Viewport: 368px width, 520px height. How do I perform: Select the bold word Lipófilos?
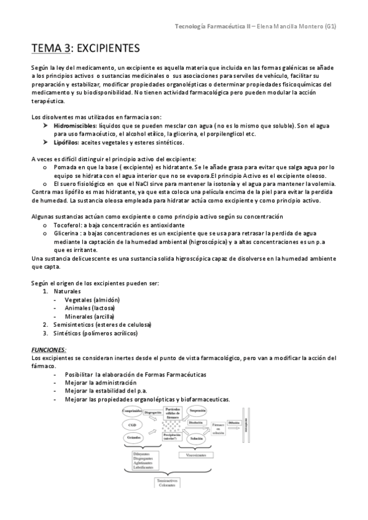point(67,143)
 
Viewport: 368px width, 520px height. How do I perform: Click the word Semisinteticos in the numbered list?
point(72,325)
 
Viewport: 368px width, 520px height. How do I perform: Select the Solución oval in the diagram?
point(197,439)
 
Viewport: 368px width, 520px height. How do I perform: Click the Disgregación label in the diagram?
point(153,413)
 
